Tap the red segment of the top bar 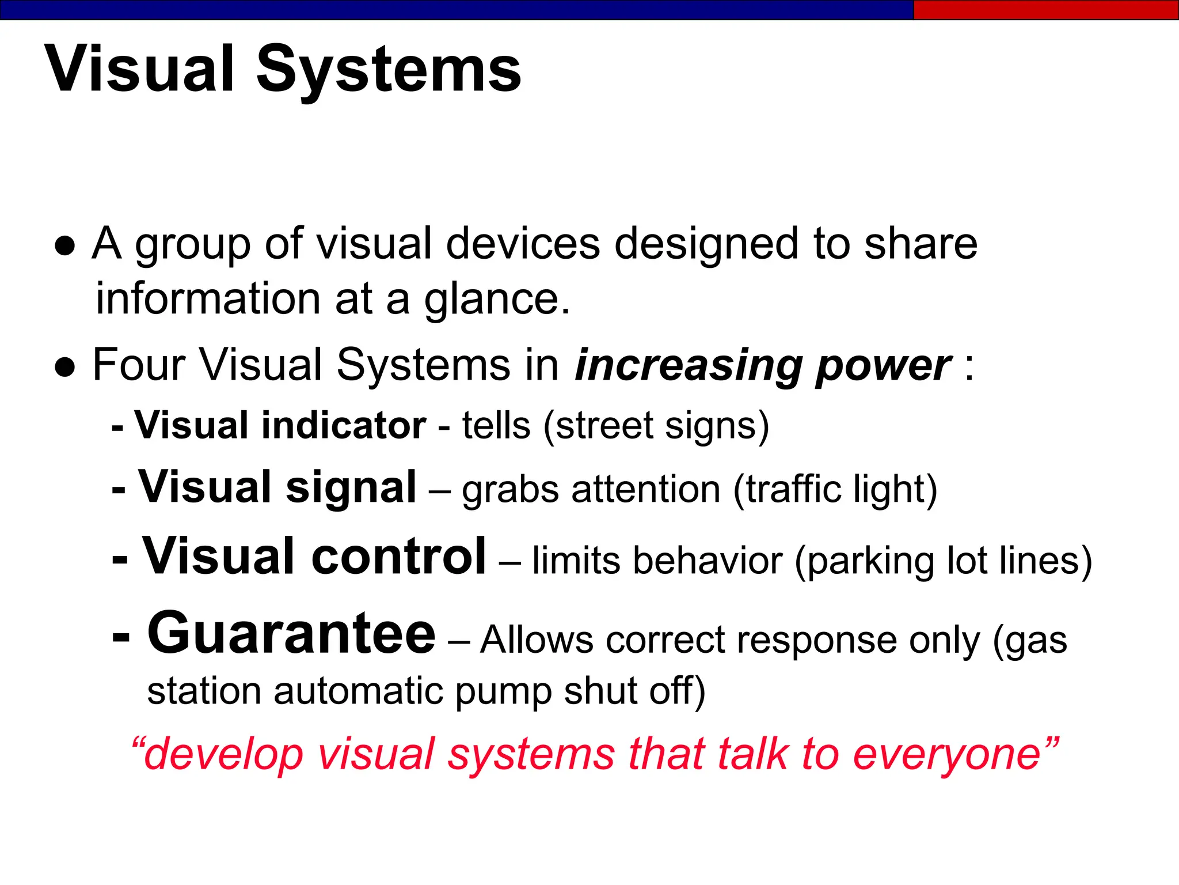1045,10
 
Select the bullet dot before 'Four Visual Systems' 65,367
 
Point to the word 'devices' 523,243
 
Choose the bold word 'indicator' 344,425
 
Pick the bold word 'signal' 351,487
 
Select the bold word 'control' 399,557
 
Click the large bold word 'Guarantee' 291,634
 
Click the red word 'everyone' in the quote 947,755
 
